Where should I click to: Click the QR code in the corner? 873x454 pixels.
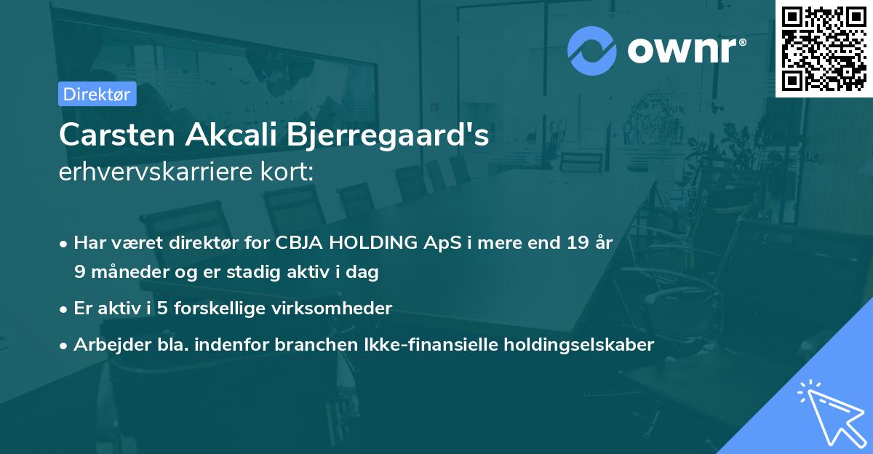pyautogui.click(x=823, y=48)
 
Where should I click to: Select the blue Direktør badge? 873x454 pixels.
pyautogui.click(x=97, y=93)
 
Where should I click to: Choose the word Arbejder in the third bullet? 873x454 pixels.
pyautogui.click(x=105, y=344)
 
